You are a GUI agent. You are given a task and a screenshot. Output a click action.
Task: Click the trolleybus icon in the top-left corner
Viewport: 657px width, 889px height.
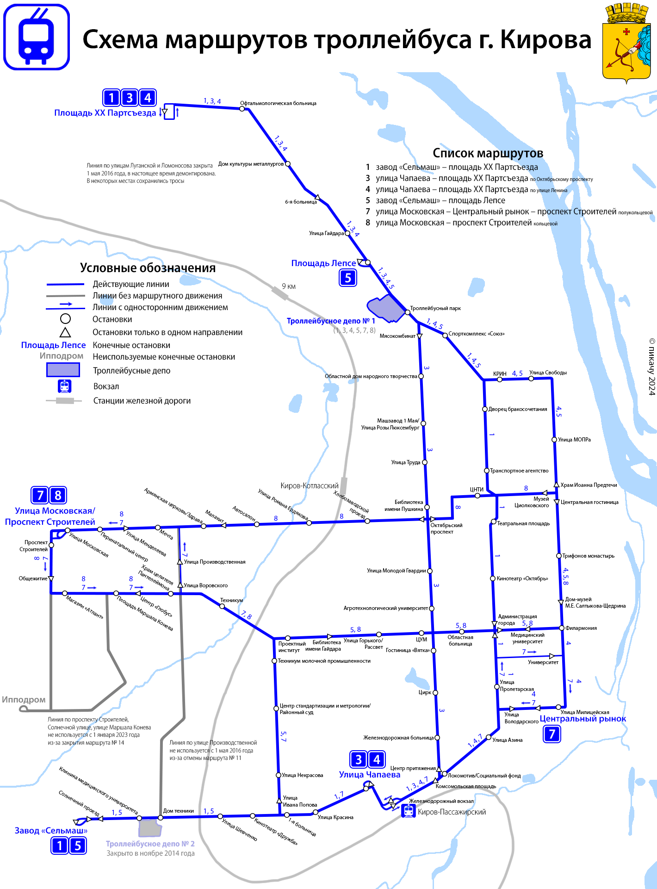click(x=37, y=37)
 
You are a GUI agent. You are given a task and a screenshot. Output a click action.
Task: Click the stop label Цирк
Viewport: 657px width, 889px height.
click(x=425, y=692)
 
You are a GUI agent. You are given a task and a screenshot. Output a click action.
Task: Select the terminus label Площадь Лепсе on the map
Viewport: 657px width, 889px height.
click(x=323, y=263)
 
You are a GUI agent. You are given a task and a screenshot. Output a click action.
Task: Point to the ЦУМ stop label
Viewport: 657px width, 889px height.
click(x=421, y=640)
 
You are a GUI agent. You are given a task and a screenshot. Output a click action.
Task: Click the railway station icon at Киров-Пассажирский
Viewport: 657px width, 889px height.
click(x=408, y=811)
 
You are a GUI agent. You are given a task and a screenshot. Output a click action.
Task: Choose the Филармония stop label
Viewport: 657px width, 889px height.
click(x=581, y=628)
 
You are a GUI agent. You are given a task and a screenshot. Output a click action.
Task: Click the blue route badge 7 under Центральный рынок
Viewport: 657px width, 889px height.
click(x=552, y=734)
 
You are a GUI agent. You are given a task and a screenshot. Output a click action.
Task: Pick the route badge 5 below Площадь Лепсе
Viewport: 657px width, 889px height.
click(x=348, y=278)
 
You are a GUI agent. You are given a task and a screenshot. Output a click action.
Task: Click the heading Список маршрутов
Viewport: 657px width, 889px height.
click(x=488, y=153)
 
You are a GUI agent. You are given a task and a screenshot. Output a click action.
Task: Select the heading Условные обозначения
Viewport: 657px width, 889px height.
click(x=148, y=268)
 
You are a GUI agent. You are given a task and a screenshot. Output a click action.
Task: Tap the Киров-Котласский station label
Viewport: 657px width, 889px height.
click(x=309, y=485)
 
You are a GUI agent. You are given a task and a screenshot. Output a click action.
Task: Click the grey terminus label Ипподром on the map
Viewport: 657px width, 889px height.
click(x=24, y=700)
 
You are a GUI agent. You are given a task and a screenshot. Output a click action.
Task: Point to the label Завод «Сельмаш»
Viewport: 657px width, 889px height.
click(x=51, y=831)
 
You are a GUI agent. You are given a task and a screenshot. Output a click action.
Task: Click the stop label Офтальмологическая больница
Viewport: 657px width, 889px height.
click(x=278, y=103)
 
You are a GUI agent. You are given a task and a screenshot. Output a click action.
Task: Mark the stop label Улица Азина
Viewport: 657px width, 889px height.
click(x=507, y=740)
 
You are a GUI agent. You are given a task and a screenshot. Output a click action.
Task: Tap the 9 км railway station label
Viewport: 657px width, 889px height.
click(x=289, y=286)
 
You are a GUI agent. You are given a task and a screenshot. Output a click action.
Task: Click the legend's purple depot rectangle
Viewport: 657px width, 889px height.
click(x=63, y=370)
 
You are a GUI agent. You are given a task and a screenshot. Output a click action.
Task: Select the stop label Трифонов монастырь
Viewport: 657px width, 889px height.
click(x=588, y=556)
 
